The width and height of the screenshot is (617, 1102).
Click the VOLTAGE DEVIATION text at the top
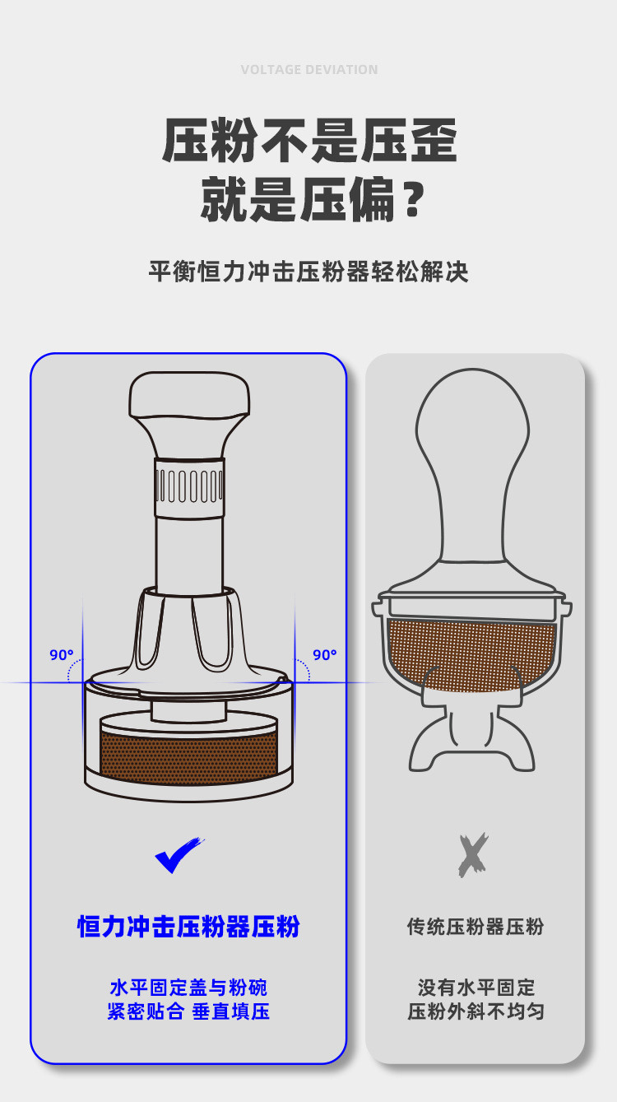[x=309, y=70]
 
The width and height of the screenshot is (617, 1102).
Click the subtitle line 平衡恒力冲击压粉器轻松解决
[x=308, y=272]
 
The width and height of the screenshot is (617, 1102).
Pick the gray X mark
[x=473, y=855]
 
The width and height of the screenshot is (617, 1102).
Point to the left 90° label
[x=62, y=655]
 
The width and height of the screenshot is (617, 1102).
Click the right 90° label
[x=325, y=655]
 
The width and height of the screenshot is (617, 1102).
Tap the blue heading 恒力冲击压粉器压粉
[x=188, y=927]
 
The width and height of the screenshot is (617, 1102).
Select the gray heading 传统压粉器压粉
[x=476, y=927]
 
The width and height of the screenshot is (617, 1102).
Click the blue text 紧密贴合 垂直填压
[x=188, y=1011]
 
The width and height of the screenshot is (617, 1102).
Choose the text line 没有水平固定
[x=476, y=987]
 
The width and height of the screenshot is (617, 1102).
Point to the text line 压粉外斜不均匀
[x=476, y=1011]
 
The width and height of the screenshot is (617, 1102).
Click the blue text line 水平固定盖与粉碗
[x=188, y=987]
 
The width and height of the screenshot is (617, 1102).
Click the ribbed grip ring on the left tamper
[x=189, y=485]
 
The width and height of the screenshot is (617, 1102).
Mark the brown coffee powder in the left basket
[x=188, y=752]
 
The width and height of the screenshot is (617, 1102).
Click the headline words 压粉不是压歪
[x=309, y=142]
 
